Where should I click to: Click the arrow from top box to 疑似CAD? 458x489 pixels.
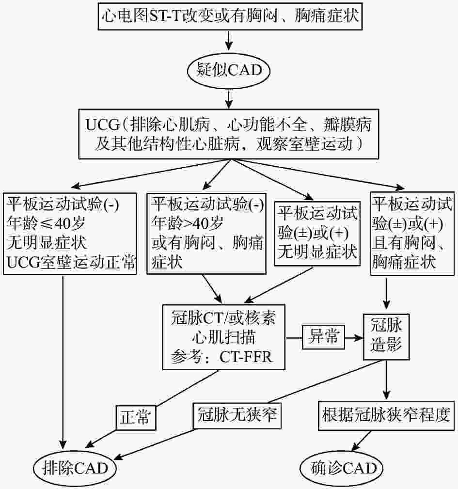[229, 40]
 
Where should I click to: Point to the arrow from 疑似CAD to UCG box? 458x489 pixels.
[229, 99]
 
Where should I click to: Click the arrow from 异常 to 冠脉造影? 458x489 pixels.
[354, 337]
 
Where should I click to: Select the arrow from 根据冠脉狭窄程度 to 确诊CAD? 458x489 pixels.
[362, 441]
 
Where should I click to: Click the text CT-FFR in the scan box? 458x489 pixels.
[246, 357]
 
